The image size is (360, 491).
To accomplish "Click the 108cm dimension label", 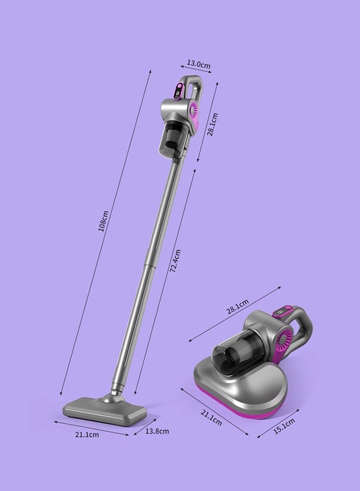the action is [104, 221].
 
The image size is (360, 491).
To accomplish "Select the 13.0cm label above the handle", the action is [199, 64].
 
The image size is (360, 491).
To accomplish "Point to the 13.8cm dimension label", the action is [157, 431].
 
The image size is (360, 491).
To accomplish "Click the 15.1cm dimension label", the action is [284, 426].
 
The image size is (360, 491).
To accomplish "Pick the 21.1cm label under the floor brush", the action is [87, 434].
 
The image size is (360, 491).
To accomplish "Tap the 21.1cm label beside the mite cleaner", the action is [211, 418].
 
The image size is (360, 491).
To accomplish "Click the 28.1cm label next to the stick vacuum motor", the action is [212, 124].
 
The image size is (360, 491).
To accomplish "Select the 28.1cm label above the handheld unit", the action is [238, 307].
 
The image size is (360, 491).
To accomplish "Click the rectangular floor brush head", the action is [105, 410].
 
